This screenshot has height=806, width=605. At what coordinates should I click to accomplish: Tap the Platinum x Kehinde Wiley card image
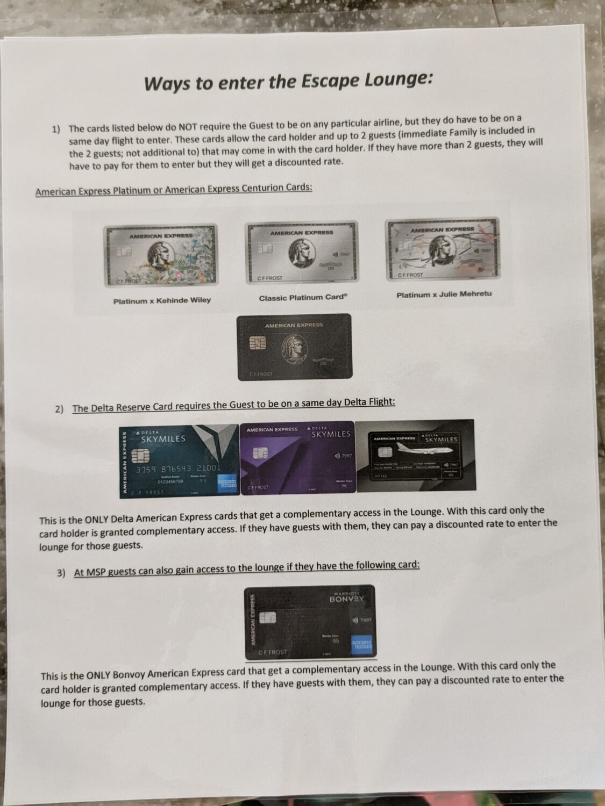pos(161,256)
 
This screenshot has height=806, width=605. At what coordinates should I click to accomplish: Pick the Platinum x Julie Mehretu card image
pos(443,249)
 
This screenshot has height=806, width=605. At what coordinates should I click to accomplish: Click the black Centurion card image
pos(295,347)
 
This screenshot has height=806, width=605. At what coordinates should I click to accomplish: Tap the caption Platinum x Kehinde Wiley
pos(162,301)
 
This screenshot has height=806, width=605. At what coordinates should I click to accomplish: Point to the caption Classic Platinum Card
pos(303,298)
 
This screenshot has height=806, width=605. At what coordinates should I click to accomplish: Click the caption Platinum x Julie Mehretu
pos(444,294)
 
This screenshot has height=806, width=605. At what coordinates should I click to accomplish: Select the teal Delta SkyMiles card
pos(180,460)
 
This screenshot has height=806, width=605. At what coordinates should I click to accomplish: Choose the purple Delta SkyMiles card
pos(298,457)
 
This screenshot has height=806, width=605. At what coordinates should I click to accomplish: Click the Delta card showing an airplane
pos(415,455)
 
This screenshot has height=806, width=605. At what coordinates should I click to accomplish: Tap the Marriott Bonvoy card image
pos(310,622)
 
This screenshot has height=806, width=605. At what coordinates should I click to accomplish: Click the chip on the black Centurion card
pos(257,343)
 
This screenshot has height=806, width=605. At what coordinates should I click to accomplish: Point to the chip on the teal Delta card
pos(140,456)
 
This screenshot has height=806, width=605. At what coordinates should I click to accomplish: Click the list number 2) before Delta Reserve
pos(59,409)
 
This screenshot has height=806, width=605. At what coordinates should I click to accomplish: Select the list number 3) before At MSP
pos(61,573)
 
